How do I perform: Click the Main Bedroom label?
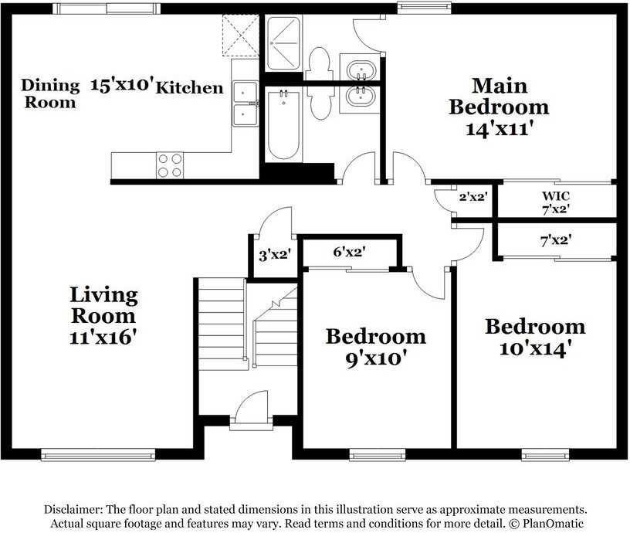[x=499, y=96]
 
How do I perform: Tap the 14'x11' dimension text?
[x=499, y=128]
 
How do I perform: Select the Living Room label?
[x=103, y=304]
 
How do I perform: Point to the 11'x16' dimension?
[x=103, y=337]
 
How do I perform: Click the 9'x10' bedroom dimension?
[x=375, y=358]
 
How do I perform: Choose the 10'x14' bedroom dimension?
[x=534, y=348]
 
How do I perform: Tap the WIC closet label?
[x=556, y=196]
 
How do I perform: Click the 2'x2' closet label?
[x=472, y=197]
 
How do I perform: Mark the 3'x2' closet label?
[x=273, y=254]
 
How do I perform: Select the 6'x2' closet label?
[x=349, y=251]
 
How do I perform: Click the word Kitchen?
[x=190, y=87]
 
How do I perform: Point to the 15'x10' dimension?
[x=122, y=84]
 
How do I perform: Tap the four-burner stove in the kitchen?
[x=171, y=165]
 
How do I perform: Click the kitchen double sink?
[x=246, y=104]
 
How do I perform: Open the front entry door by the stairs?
[x=249, y=409]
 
